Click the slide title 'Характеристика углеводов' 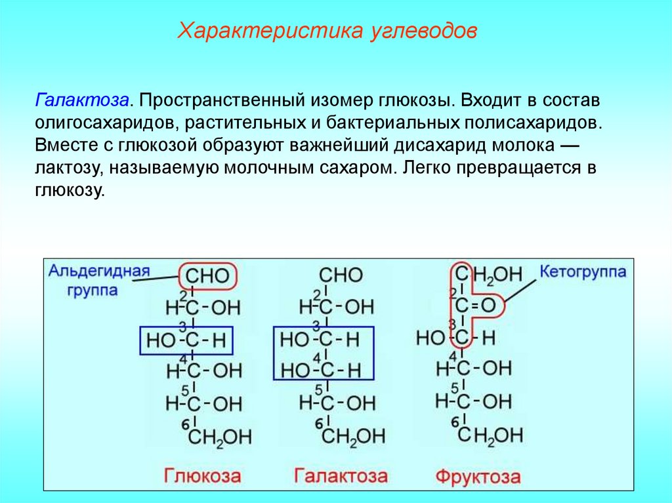point(328,31)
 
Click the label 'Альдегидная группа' point(99,280)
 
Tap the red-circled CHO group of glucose point(207,276)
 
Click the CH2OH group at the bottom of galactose point(352,436)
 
